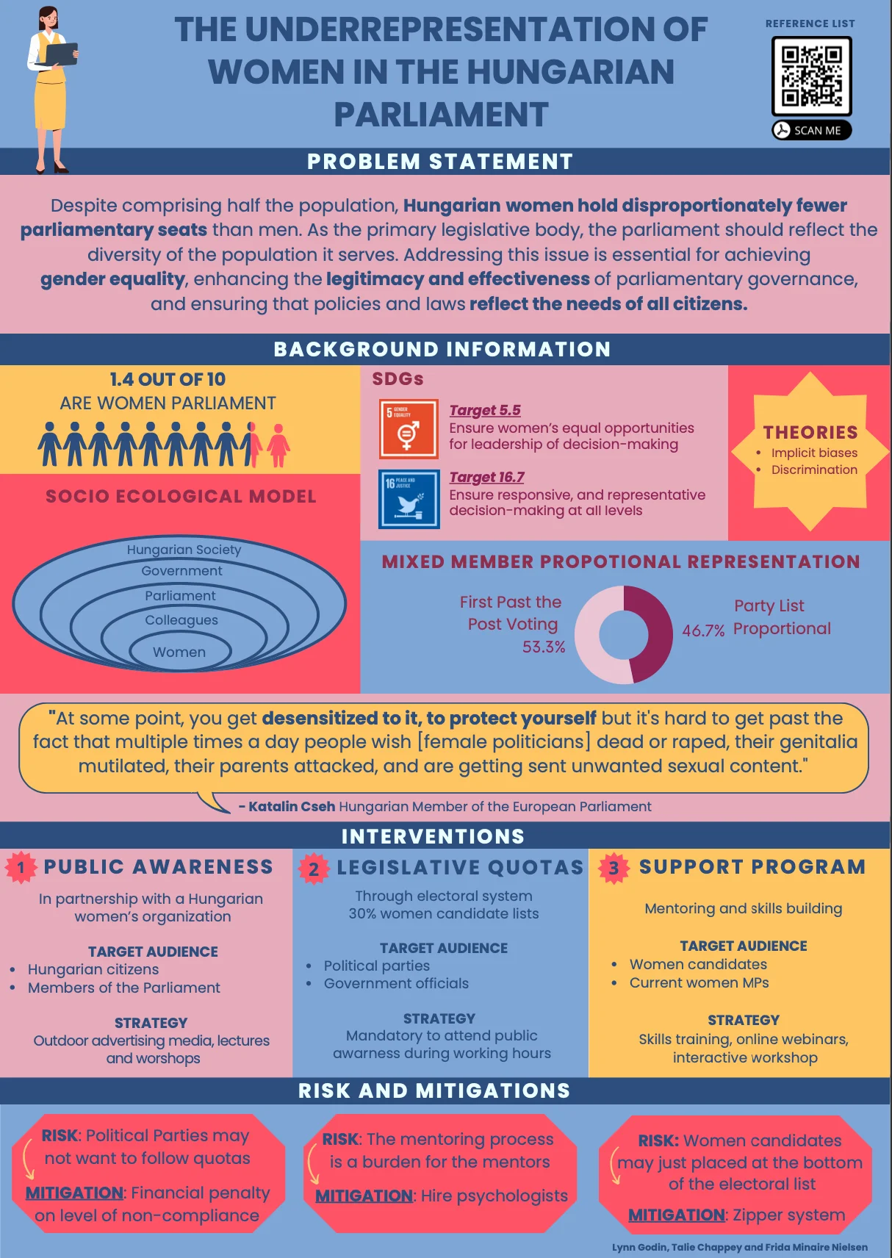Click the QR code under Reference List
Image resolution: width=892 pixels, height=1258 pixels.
point(811,76)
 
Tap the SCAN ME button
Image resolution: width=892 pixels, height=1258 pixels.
point(811,130)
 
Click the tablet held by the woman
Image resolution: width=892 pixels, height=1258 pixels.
point(61,54)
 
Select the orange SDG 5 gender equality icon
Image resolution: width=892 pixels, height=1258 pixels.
point(409,429)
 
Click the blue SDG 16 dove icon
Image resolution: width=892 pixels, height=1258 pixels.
point(409,499)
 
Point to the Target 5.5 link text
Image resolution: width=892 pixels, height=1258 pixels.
point(485,410)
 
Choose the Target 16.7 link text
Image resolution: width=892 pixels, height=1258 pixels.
point(486,477)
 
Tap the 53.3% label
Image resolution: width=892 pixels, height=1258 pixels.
point(543,647)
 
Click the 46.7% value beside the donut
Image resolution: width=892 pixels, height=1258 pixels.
point(703,630)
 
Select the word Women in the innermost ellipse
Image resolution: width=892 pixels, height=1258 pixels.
point(179,652)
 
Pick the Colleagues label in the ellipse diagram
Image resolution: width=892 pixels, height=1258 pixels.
point(181,620)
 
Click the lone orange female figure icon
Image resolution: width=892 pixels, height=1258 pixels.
point(278,445)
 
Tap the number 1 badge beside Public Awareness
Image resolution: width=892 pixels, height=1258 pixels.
point(21,867)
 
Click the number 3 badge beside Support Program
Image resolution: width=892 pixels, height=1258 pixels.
point(614,869)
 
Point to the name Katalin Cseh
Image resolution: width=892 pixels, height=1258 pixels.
point(292,807)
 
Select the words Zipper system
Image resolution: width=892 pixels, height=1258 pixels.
point(788,1215)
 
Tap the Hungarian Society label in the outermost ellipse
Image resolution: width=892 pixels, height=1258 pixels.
point(184,549)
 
